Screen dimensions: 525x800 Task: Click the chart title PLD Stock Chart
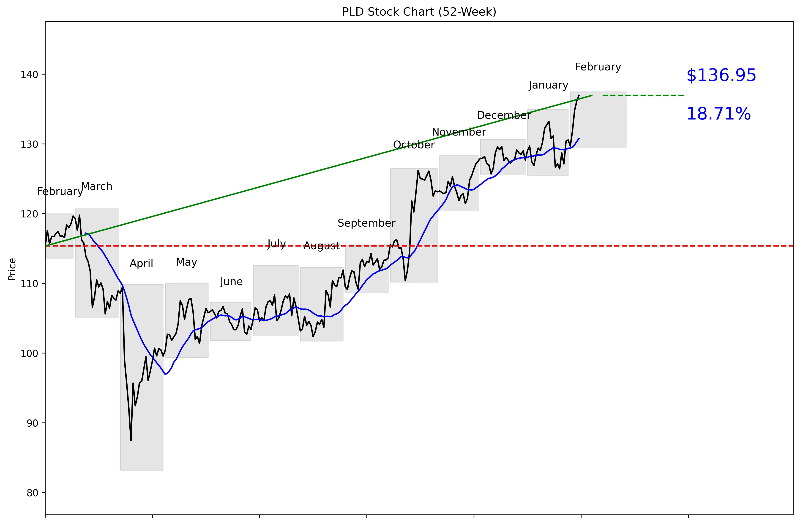(x=419, y=12)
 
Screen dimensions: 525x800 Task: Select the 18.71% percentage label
(x=718, y=114)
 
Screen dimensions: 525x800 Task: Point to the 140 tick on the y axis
(x=29, y=74)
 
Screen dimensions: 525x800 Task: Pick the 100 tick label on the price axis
(x=29, y=353)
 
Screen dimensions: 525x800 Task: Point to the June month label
(x=231, y=281)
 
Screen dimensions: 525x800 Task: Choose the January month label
(x=548, y=85)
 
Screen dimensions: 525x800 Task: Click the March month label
(x=97, y=186)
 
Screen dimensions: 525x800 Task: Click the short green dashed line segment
(x=644, y=96)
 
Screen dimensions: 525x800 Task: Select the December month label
(x=504, y=115)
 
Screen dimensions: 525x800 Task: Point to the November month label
(x=459, y=132)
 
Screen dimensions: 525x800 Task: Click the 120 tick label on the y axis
(x=29, y=214)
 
